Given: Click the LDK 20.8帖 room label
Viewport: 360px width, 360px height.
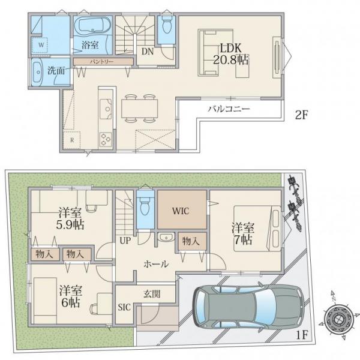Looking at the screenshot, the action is click(x=231, y=54).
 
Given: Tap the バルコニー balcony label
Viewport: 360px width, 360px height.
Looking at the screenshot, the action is click(x=229, y=109).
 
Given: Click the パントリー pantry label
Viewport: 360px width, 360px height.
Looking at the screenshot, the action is click(x=101, y=62).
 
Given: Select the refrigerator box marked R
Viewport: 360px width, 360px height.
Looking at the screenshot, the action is click(x=72, y=140).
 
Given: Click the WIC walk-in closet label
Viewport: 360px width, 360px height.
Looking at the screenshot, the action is click(x=181, y=211).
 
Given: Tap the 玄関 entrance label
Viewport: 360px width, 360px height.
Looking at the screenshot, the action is click(x=152, y=293).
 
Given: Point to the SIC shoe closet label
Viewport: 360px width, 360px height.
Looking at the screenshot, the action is click(x=124, y=307).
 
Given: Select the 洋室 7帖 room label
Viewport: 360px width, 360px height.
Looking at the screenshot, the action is click(x=243, y=233).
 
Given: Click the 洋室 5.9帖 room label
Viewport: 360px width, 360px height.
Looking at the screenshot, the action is click(x=70, y=218).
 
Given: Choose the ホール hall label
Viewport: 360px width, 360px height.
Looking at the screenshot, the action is click(x=156, y=264).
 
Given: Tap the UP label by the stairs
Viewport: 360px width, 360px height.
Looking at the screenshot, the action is click(x=125, y=241).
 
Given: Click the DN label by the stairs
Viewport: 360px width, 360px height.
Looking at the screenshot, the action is click(x=148, y=52).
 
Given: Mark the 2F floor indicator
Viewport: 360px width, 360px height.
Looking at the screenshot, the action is click(x=301, y=115).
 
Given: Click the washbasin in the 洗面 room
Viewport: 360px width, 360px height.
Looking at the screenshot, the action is click(x=37, y=73).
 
